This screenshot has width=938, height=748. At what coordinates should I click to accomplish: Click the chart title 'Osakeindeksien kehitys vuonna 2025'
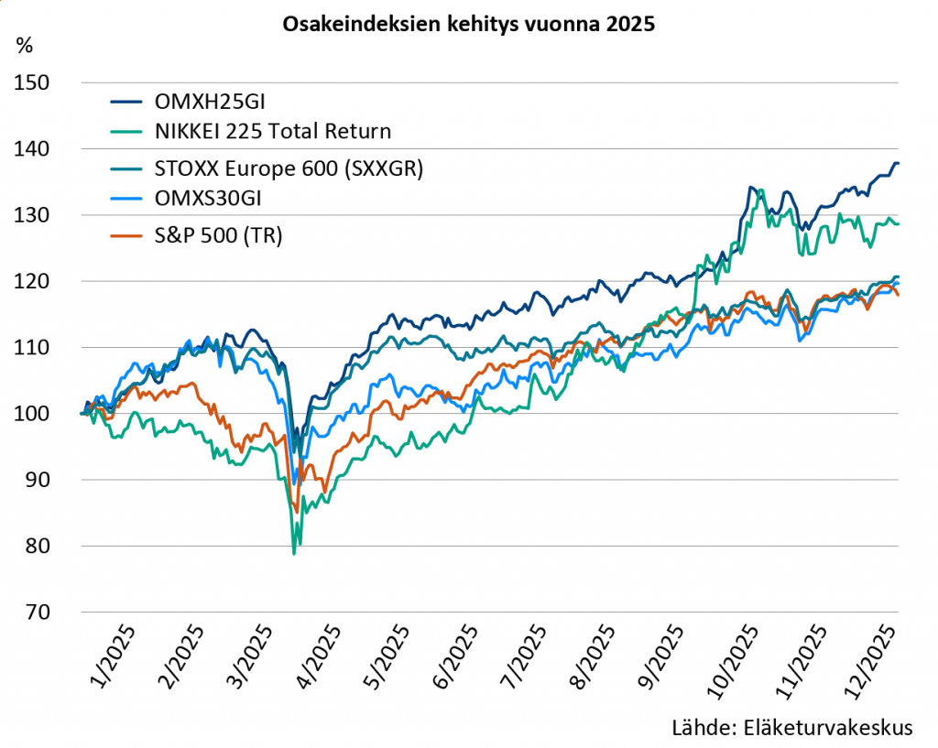click(468, 25)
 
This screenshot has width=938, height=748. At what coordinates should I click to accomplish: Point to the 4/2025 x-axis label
click(322, 656)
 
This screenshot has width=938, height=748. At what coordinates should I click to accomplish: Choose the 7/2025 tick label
click(529, 656)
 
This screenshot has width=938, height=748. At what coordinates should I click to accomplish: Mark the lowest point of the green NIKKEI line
click(294, 554)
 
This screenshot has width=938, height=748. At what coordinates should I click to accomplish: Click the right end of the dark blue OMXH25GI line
click(898, 163)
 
